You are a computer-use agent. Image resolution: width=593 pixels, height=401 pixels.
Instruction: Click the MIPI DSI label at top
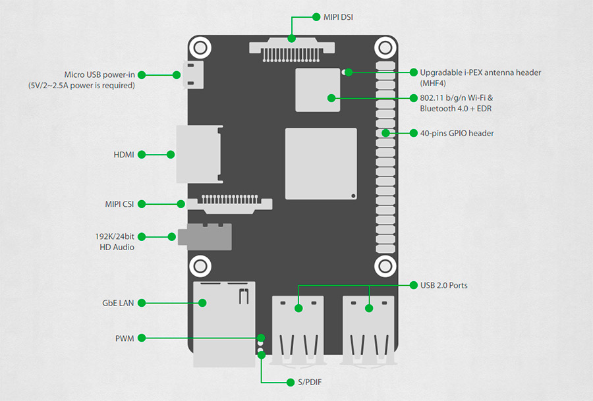[x=338, y=16]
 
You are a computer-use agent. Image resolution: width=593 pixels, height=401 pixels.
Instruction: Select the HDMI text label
[x=124, y=155]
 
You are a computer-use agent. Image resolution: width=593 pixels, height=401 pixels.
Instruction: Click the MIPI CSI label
[x=119, y=204]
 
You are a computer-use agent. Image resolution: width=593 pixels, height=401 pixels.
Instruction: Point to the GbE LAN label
[x=118, y=303]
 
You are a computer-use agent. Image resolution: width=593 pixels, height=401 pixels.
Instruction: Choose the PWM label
[x=124, y=338]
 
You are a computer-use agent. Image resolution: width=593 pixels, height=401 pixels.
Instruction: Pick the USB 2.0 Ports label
[x=444, y=286]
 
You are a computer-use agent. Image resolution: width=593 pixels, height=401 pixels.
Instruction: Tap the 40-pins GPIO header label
[x=457, y=133]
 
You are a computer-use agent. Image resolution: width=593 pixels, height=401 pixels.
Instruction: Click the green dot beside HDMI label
[x=171, y=155]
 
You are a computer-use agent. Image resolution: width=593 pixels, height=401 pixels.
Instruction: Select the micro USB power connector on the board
[x=194, y=75]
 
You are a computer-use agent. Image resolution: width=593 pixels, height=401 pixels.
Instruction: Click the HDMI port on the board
[x=198, y=155]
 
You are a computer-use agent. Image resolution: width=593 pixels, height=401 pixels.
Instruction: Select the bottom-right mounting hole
[x=385, y=266]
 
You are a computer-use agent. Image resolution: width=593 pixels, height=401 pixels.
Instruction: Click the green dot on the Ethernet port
[x=203, y=303]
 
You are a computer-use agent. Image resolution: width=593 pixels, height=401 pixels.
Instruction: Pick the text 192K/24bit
[x=115, y=236]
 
